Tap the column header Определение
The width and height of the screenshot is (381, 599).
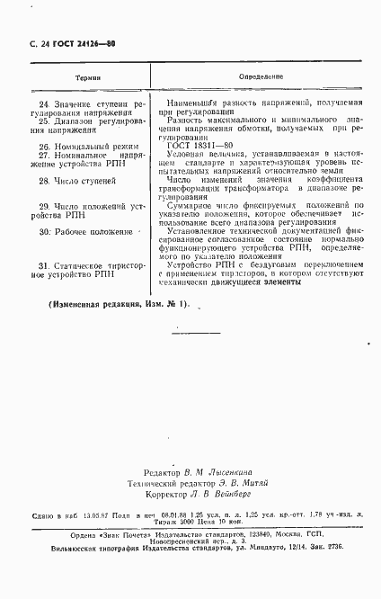coord(260,78)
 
